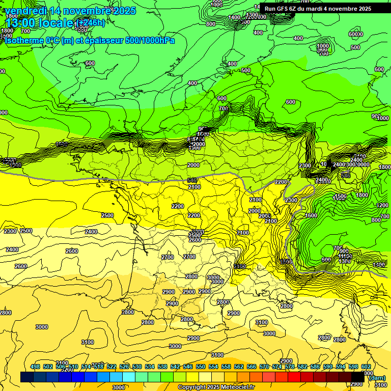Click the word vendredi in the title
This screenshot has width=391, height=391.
(x=26, y=11)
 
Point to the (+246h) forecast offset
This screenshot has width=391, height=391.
(x=90, y=23)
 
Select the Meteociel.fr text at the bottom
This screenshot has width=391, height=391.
(x=237, y=387)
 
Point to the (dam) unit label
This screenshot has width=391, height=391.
(x=377, y=378)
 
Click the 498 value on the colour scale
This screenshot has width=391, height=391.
(x=35, y=367)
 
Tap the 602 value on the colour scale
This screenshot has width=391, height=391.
(x=366, y=367)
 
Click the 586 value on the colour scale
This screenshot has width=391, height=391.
(x=315, y=367)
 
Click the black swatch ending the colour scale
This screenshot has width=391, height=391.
(x=357, y=377)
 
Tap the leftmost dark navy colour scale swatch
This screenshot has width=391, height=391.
(x=27, y=377)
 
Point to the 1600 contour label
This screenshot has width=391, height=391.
(x=311, y=215)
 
